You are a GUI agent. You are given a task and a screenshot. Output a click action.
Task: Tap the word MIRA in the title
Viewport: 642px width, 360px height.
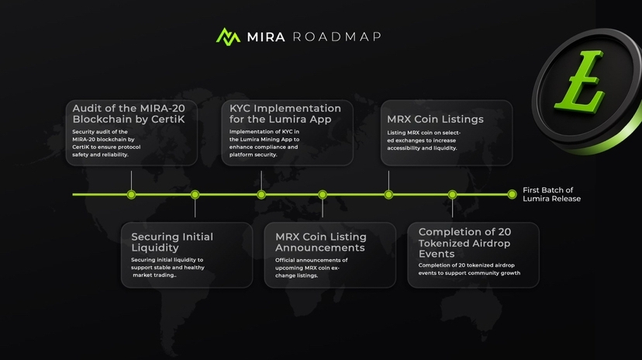pyautogui.click(x=267, y=36)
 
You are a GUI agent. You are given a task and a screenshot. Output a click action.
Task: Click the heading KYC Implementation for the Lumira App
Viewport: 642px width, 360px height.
pyautogui.click(x=285, y=114)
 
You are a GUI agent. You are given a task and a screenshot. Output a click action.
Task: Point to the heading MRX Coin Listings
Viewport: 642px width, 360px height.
pyautogui.click(x=435, y=119)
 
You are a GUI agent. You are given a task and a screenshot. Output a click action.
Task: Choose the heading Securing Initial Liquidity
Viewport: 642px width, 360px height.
pyautogui.click(x=171, y=242)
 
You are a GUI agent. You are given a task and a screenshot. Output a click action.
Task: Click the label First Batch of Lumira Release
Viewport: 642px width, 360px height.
pyautogui.click(x=551, y=194)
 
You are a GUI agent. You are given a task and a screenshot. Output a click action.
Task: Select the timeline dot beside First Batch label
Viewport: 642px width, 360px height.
pyautogui.click(x=512, y=194)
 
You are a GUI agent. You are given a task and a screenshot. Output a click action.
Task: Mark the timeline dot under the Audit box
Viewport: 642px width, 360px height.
pyautogui.click(x=131, y=194)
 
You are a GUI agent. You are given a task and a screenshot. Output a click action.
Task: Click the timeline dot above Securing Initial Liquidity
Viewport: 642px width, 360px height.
pyautogui.click(x=195, y=194)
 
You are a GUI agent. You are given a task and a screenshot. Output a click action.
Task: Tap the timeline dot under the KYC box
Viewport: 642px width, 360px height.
pyautogui.click(x=261, y=194)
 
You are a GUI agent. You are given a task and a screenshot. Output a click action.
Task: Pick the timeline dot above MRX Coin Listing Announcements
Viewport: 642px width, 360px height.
pyautogui.click(x=323, y=194)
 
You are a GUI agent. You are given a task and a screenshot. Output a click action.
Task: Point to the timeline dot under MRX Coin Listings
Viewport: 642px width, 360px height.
pyautogui.click(x=388, y=194)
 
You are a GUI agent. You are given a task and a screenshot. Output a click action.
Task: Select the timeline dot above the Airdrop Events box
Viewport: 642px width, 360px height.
pyautogui.click(x=453, y=194)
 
